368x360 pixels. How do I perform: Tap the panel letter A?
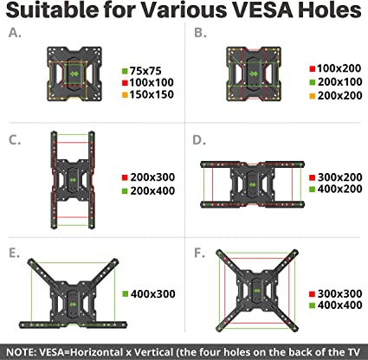[15, 33]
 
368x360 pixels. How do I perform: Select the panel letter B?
[200, 33]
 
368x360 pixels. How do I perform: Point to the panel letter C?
[15, 140]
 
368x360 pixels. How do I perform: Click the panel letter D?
[199, 140]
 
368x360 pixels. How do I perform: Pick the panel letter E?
[15, 253]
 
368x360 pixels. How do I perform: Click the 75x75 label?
[145, 71]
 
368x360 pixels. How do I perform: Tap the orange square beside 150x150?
[125, 95]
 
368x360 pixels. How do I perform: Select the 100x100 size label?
[152, 83]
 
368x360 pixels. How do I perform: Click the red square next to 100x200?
[313, 69]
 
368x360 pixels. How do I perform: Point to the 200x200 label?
[340, 96]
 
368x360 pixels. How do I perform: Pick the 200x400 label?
[152, 191]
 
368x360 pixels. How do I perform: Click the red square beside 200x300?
[125, 177]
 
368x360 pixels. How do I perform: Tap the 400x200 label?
[340, 189]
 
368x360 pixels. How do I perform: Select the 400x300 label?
[153, 294]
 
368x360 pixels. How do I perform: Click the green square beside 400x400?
[312, 305]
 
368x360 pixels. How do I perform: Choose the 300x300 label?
[340, 293]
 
